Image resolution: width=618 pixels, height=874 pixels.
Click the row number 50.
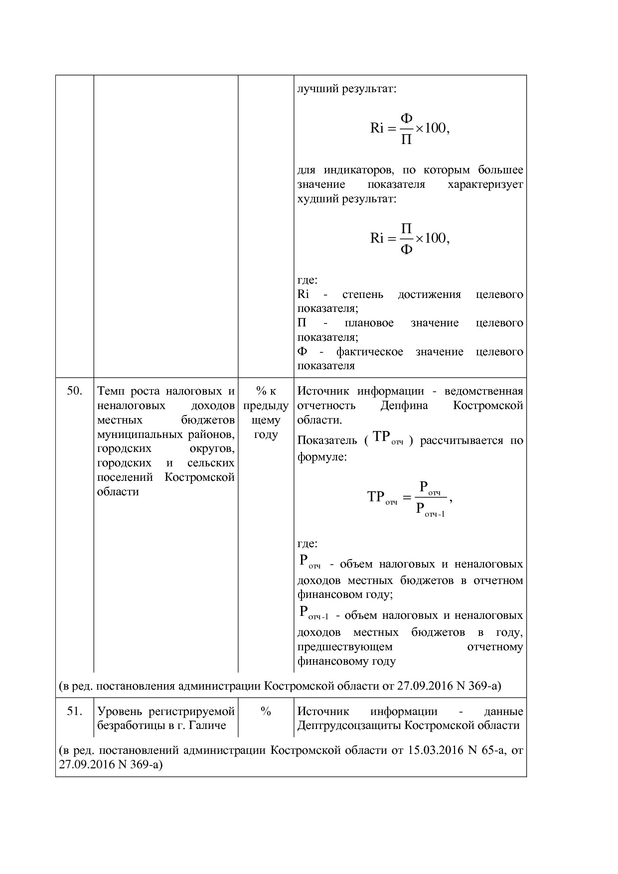tap(74, 391)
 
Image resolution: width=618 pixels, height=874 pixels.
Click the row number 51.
tap(74, 712)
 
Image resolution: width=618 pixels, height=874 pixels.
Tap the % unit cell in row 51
tap(266, 712)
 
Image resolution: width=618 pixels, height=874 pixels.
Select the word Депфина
tap(404, 406)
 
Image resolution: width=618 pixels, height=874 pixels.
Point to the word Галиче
tap(209, 726)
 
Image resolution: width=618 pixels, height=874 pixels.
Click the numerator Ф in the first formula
tap(407, 119)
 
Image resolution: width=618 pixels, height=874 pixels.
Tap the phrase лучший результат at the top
tap(346, 90)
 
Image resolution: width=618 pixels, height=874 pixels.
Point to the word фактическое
tap(369, 352)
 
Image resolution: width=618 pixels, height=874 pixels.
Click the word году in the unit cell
tap(266, 435)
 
